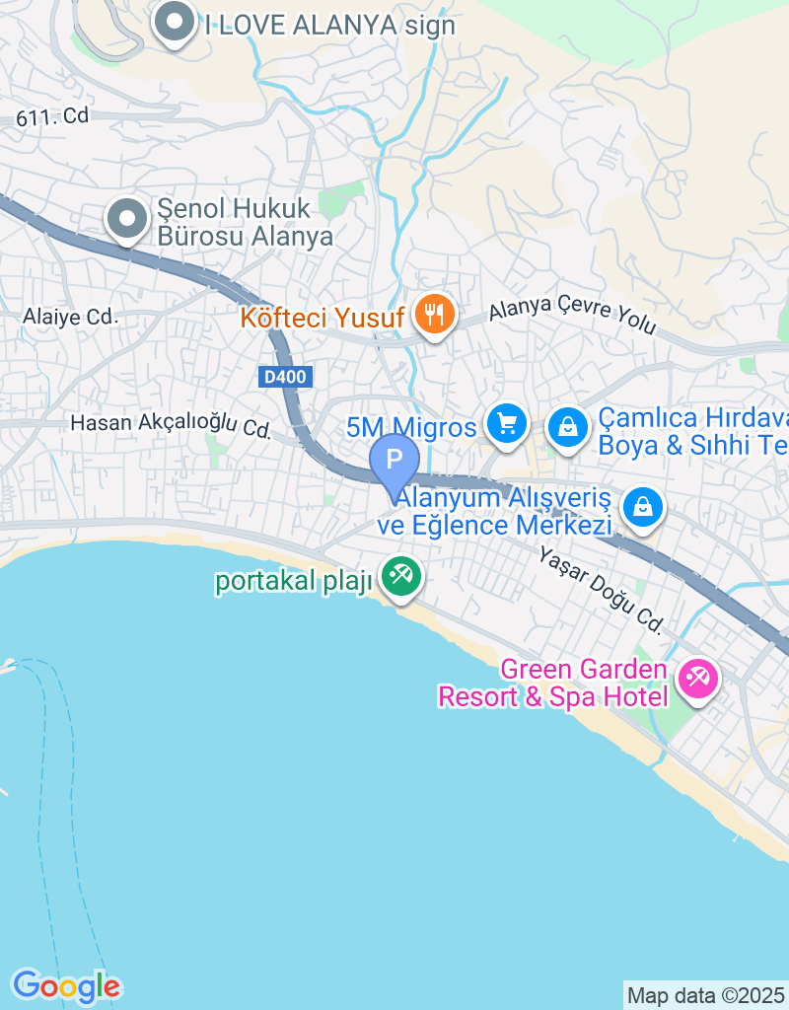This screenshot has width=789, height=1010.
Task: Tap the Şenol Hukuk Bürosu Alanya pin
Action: [127, 220]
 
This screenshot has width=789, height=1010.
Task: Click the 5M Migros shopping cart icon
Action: [507, 425]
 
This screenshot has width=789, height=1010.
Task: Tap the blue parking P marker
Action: [394, 460]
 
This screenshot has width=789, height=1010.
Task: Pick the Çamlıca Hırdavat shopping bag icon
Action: [568, 429]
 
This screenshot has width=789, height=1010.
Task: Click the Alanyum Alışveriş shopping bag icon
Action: [643, 507]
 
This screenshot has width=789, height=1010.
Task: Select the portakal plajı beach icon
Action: [400, 577]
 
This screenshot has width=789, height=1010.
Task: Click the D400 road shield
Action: [285, 376]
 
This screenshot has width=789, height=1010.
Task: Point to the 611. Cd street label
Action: [52, 116]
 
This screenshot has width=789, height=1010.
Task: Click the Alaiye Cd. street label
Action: [71, 318]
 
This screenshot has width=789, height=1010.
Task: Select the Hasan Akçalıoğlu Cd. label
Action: [170, 425]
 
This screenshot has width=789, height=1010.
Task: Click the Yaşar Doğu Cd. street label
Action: [600, 589]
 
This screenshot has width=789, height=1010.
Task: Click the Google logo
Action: [66, 985]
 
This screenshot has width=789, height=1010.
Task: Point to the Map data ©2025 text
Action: [705, 995]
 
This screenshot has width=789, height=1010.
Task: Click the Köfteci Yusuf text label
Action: [322, 319]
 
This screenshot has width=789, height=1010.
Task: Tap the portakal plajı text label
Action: [293, 581]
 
